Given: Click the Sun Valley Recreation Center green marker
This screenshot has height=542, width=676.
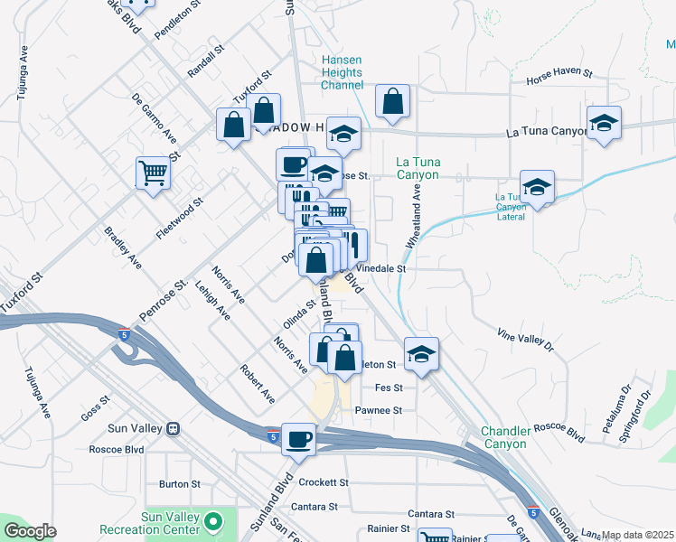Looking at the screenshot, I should pyautogui.click(x=213, y=521).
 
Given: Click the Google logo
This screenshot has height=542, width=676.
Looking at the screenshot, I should pyautogui.click(x=30, y=530).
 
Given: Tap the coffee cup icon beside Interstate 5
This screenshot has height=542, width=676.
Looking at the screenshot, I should pyautogui.click(x=298, y=439).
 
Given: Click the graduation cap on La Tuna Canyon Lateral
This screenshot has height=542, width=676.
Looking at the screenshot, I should pyautogui.click(x=537, y=187).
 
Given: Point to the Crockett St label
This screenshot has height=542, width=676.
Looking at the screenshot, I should pyautogui.click(x=324, y=482).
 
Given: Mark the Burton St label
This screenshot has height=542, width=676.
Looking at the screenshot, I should pyautogui.click(x=179, y=484).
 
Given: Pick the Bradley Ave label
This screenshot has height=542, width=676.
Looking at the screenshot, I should pyautogui.click(x=122, y=248).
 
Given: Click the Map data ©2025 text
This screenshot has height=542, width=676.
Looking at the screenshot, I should pyautogui.click(x=638, y=535).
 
